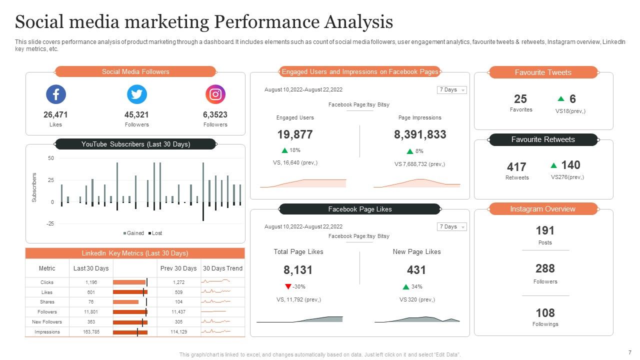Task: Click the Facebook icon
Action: pyautogui.click(x=56, y=94)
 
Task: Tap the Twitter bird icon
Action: pyautogui.click(x=136, y=94)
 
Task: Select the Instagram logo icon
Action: pyautogui.click(x=215, y=94)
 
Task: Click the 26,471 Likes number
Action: pyautogui.click(x=55, y=114)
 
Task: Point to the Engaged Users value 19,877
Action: pyautogui.click(x=295, y=134)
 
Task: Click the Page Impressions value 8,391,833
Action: pyautogui.click(x=420, y=134)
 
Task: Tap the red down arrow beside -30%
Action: pyautogui.click(x=288, y=286)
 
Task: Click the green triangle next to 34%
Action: pyautogui.click(x=406, y=286)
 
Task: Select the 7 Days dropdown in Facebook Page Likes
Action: pyautogui.click(x=452, y=227)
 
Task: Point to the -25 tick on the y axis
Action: pyautogui.click(x=50, y=224)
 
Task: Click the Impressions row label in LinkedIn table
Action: pyautogui.click(x=47, y=332)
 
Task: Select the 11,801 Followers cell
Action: pyautogui.click(x=91, y=312)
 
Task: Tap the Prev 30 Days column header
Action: pyautogui.click(x=178, y=268)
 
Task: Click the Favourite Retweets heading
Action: pyautogui.click(x=543, y=139)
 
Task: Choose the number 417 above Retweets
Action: pyautogui.click(x=516, y=167)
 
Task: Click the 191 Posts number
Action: pyautogui.click(x=545, y=230)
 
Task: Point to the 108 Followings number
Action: pyautogui.click(x=545, y=313)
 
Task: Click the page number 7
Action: pyautogui.click(x=630, y=352)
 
